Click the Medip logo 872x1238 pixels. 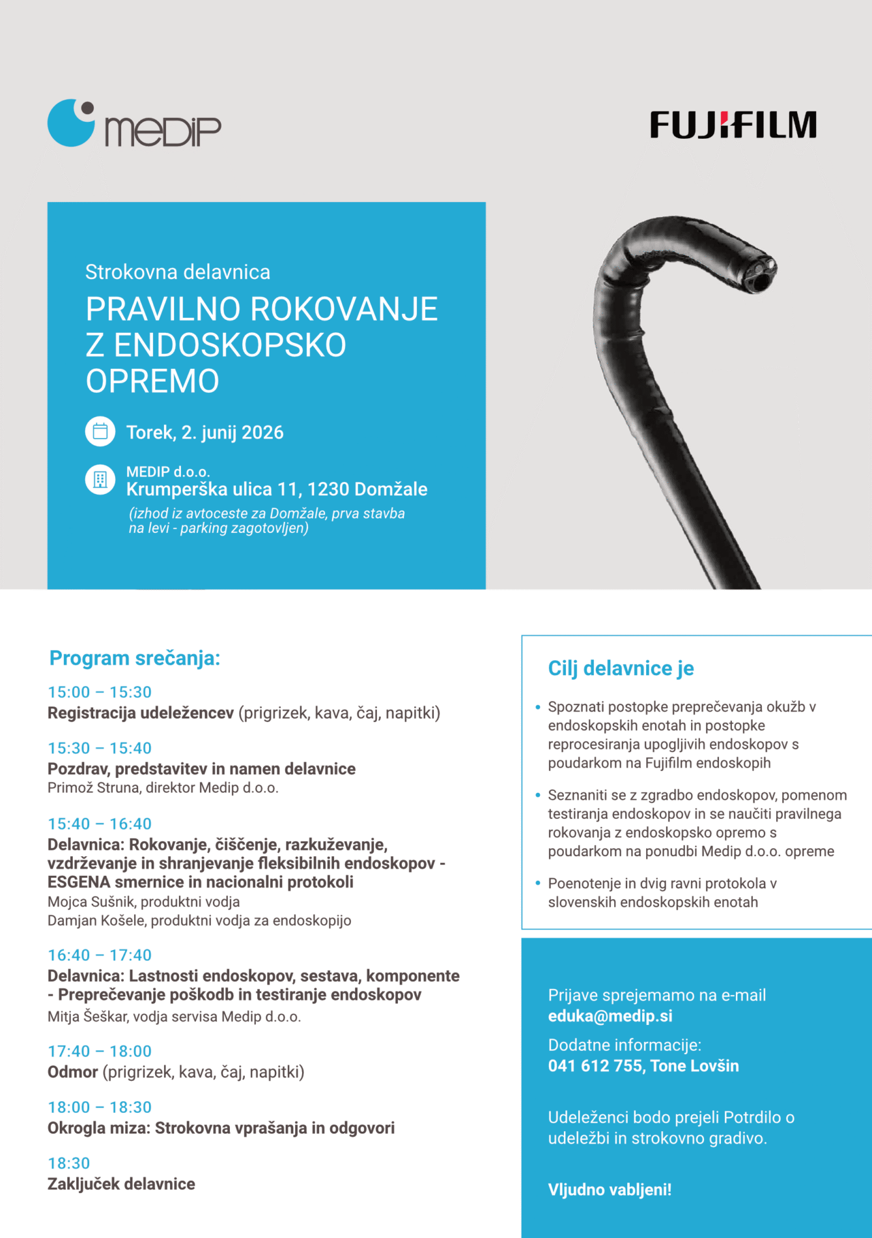(x=134, y=124)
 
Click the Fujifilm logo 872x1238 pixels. (x=733, y=125)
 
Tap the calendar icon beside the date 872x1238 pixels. (x=100, y=431)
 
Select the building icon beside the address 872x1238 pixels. (x=100, y=480)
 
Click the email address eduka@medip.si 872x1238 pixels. (x=610, y=1016)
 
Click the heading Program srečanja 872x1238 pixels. (x=135, y=658)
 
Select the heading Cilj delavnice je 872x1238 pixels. (x=621, y=668)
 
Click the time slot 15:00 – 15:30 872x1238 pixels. (x=100, y=692)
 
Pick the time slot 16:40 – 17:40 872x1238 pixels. (x=100, y=955)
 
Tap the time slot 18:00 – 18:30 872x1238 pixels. (x=100, y=1107)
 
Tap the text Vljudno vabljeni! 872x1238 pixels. (x=610, y=1190)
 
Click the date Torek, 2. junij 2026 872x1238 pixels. (x=204, y=433)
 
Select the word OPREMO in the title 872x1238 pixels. (x=152, y=381)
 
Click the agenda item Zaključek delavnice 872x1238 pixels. (x=121, y=1184)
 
